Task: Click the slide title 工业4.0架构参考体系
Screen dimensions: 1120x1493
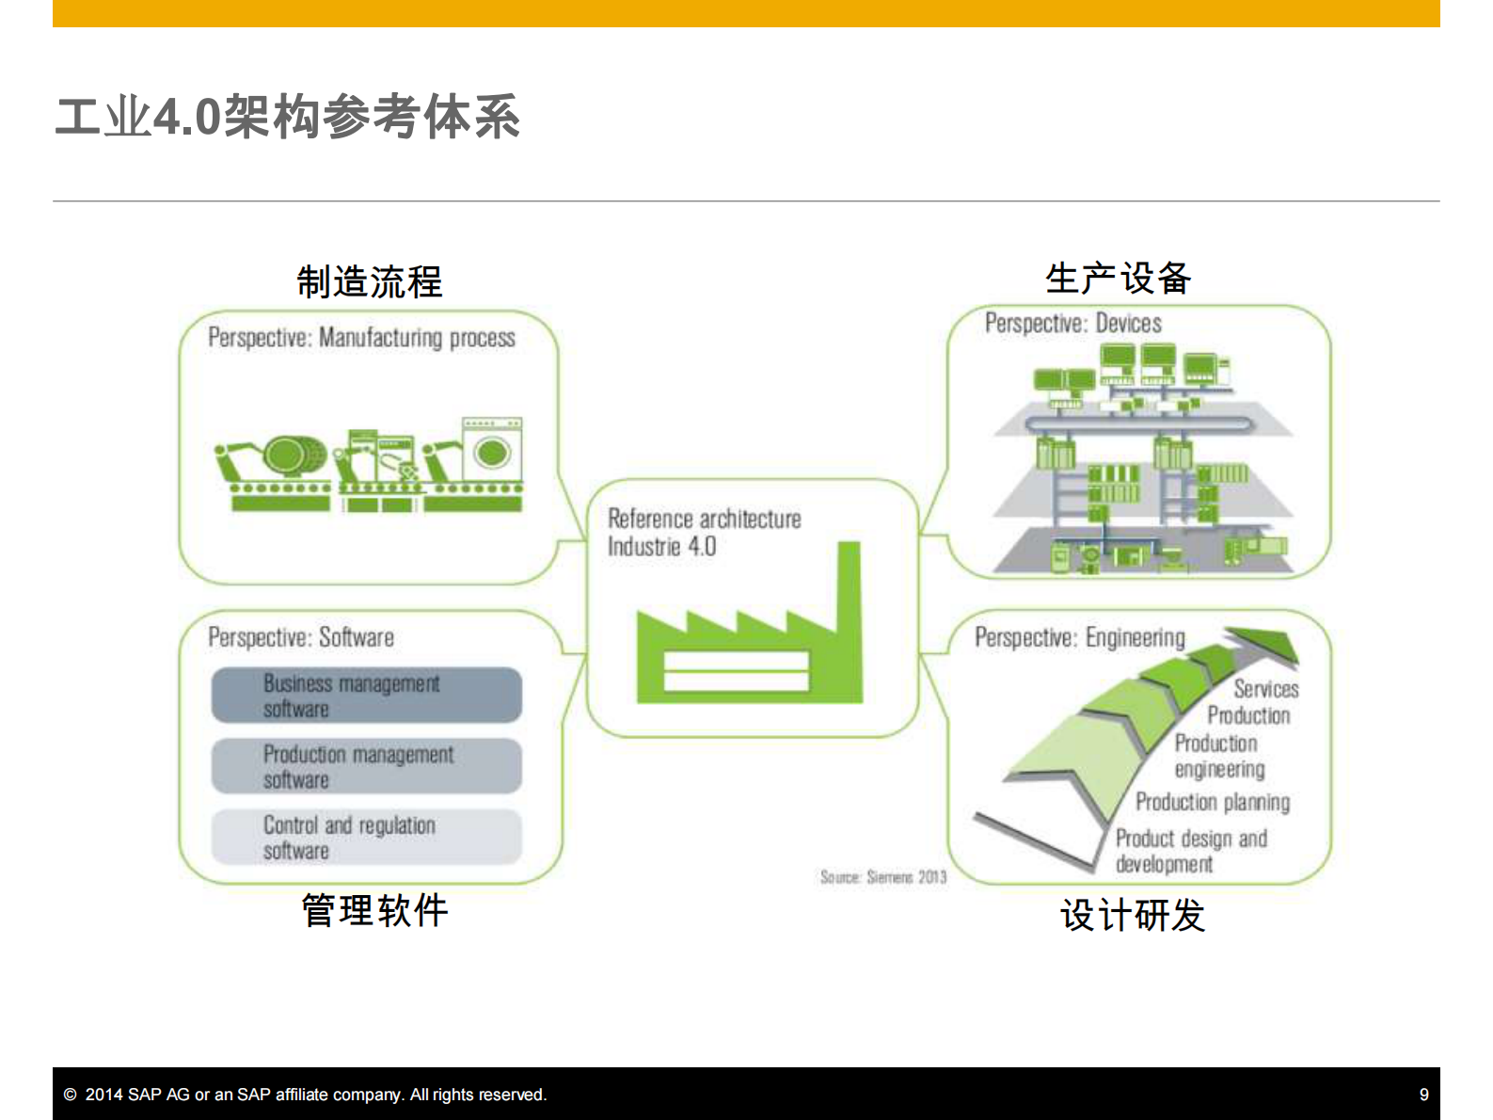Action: tap(287, 118)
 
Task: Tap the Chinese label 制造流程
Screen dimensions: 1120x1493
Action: tap(369, 281)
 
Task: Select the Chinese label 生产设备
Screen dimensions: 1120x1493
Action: tap(1118, 278)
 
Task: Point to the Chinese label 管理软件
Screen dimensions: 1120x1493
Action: tap(374, 910)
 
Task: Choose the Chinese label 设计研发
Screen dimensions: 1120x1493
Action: tap(1132, 915)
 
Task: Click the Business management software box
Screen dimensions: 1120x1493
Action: tap(366, 696)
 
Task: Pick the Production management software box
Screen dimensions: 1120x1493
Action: tap(366, 766)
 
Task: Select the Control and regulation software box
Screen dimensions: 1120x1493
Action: tap(366, 837)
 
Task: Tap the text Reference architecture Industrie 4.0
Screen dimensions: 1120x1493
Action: tap(703, 533)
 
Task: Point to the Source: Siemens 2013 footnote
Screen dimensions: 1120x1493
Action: tap(882, 877)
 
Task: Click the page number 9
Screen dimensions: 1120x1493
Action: tap(1423, 1095)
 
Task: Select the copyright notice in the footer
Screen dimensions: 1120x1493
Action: tap(305, 1095)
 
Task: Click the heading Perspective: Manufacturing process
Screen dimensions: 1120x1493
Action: tap(361, 338)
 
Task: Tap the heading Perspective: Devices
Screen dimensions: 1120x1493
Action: tap(1072, 324)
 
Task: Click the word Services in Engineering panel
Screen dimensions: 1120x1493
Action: tap(1265, 689)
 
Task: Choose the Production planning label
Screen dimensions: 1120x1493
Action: tap(1212, 802)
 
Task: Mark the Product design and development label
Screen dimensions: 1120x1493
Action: tap(1190, 851)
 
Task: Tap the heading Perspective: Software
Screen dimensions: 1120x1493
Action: tap(301, 637)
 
